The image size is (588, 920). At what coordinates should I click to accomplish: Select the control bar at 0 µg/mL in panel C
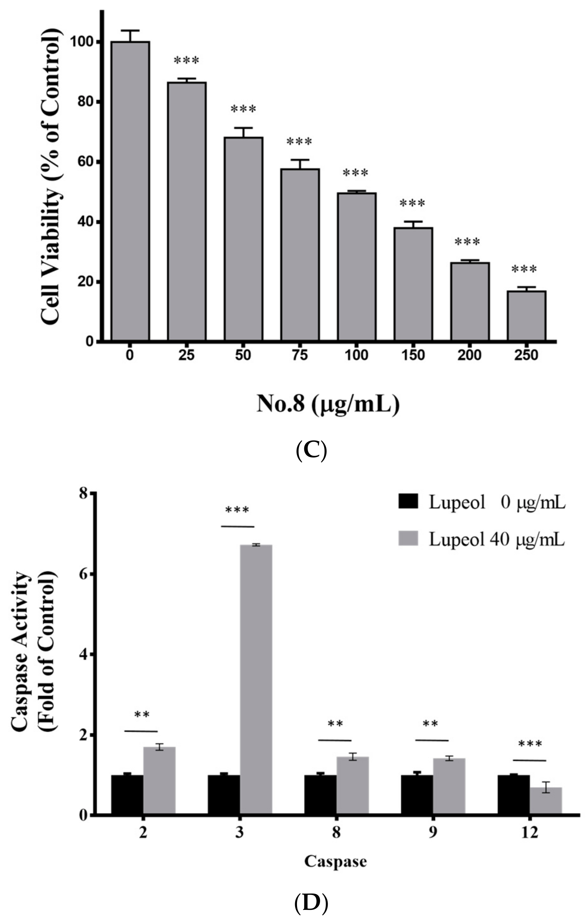click(130, 191)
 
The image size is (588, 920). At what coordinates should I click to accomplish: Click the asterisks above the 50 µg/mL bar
click(243, 110)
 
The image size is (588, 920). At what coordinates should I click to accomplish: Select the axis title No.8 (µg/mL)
click(328, 404)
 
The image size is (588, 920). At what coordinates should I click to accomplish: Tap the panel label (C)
click(311, 451)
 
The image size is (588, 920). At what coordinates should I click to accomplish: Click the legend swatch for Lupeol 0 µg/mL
click(408, 502)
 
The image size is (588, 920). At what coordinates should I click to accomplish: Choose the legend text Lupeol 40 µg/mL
click(496, 540)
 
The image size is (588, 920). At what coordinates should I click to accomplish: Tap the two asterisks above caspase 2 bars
click(142, 715)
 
